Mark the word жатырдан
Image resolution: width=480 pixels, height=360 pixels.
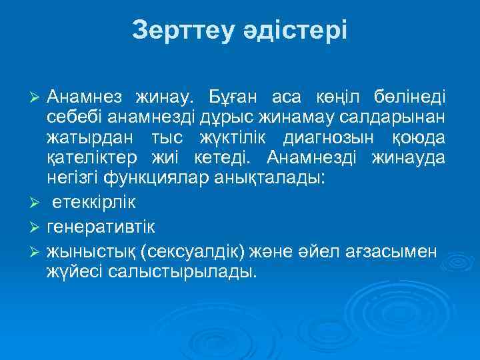click(x=85, y=138)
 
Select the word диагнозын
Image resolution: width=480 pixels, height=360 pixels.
click(x=329, y=138)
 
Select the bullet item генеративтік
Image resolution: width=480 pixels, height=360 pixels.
click(x=101, y=227)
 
